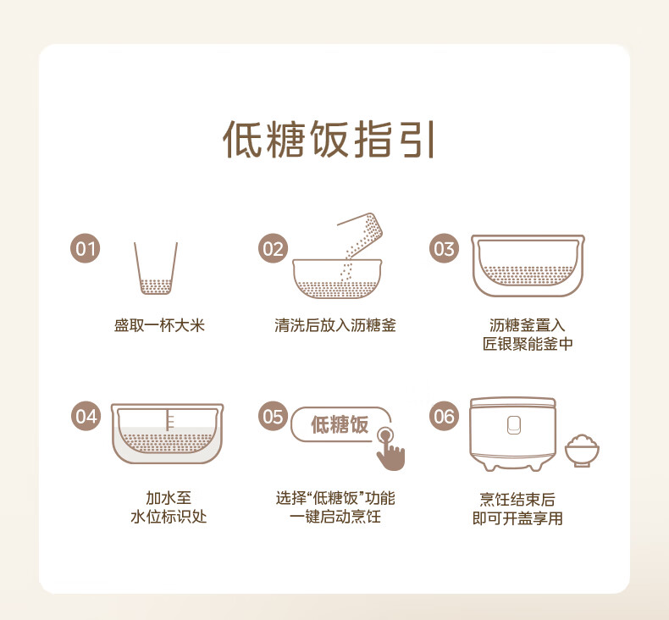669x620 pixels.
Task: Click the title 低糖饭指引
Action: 329,139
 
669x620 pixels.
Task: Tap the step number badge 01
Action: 86,248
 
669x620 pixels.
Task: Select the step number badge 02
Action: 273,248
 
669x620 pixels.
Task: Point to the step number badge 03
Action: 444,248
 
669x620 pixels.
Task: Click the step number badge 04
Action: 86,416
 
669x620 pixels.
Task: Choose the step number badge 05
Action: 273,416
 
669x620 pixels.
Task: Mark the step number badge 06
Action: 444,416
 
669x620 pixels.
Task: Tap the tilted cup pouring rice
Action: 363,235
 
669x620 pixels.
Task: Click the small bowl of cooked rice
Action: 582,451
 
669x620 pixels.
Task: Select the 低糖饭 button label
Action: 340,424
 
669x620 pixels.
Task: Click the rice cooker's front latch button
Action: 514,424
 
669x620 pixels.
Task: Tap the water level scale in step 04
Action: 169,419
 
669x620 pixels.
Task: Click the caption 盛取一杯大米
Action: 159,325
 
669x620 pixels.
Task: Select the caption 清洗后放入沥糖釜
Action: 335,325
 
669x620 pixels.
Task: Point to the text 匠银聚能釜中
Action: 528,344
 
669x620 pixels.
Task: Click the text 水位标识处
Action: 169,517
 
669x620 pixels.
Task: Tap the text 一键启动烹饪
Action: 335,517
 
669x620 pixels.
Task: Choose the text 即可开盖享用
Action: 517,518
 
